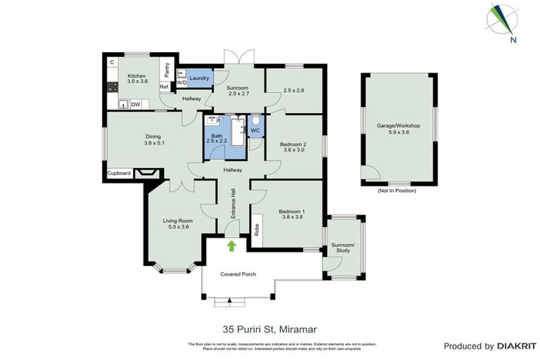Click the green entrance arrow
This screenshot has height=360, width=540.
click(231, 245)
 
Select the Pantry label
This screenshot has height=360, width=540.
click(167, 70)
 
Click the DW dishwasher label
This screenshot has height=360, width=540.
click(136, 105)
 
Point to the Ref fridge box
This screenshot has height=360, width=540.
click(164, 87)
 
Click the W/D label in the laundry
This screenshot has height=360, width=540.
click(181, 82)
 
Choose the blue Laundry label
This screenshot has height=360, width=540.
click(199, 78)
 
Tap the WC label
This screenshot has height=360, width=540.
click(255, 130)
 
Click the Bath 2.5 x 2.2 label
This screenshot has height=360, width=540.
click(217, 138)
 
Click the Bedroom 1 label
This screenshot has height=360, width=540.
click(290, 214)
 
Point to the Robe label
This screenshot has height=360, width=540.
click(257, 229)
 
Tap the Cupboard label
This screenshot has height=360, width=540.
click(119, 172)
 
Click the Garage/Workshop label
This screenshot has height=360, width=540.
click(398, 129)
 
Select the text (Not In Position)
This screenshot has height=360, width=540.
click(397, 191)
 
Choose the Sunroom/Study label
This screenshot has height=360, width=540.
click(345, 247)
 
